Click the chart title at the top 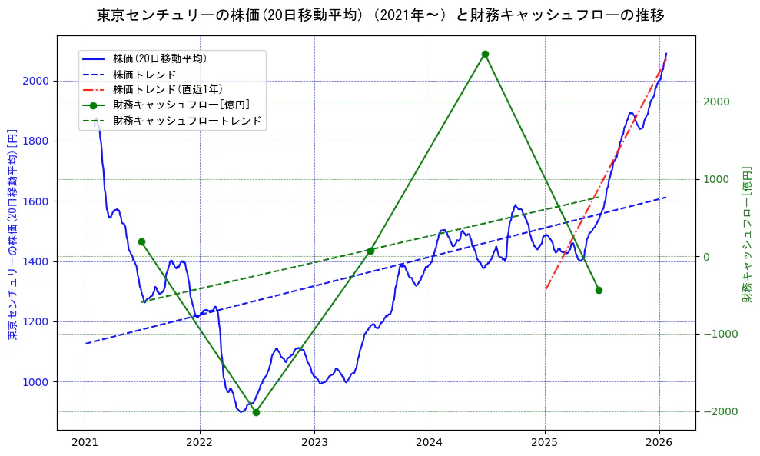380,15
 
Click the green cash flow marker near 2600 485,54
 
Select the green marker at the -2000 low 256,412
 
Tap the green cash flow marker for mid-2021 141,241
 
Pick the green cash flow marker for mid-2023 370,251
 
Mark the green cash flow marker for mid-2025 599,290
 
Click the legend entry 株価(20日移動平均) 159,58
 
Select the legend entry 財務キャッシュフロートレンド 187,121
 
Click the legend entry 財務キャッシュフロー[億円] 181,105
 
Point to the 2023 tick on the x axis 314,442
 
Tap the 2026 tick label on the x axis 659,442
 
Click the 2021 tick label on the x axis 85,442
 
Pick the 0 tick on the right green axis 705,257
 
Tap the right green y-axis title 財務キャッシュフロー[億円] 747,234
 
